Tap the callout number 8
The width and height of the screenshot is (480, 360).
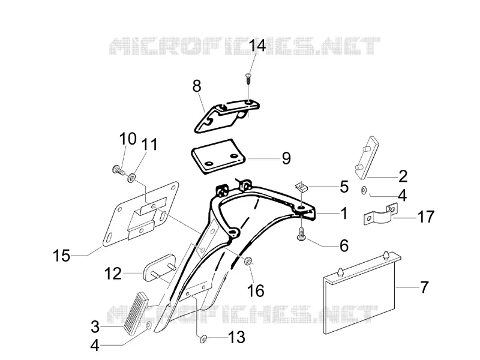(x=197, y=86)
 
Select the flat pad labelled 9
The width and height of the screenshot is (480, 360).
(x=218, y=157)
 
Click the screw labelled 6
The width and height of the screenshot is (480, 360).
(x=301, y=233)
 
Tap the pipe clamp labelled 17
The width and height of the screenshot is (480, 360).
(x=380, y=214)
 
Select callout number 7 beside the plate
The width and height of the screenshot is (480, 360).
(x=424, y=287)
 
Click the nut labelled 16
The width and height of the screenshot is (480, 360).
(x=248, y=261)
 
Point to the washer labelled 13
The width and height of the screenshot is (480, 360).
(x=203, y=339)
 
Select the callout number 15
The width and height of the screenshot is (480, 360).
(x=62, y=256)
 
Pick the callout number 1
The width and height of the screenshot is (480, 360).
(x=344, y=213)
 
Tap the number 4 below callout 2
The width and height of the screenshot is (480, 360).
(x=402, y=196)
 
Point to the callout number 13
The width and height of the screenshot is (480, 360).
(x=236, y=337)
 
